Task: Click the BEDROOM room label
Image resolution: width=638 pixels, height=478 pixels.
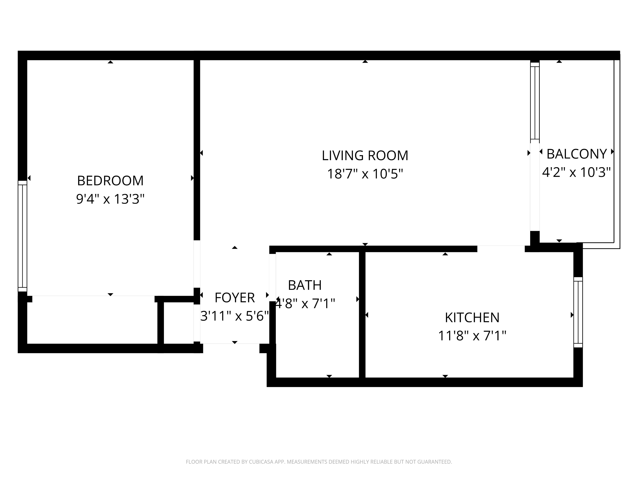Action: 110,181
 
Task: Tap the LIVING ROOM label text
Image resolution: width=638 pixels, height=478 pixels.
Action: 365,156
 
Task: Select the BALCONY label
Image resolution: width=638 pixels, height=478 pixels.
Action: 577,154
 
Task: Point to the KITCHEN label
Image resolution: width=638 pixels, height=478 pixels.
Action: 472,318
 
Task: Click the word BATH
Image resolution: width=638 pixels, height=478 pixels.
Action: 305,285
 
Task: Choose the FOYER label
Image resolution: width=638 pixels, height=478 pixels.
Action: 235,298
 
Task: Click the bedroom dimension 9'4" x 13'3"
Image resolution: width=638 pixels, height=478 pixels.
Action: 110,199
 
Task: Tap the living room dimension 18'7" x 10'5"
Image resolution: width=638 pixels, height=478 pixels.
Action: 365,174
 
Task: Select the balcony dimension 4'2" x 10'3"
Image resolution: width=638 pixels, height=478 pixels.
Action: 576,172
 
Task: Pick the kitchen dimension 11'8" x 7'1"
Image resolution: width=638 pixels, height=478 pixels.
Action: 472,336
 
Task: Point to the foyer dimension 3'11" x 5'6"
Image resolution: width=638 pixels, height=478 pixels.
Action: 235,316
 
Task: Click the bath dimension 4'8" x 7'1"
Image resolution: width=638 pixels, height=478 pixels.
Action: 305,303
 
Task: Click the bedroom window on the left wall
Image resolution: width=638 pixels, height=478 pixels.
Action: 23,236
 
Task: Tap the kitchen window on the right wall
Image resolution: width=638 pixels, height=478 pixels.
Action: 578,312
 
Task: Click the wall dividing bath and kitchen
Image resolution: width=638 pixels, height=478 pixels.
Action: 362,315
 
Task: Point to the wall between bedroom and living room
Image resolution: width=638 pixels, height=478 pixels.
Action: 197,150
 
